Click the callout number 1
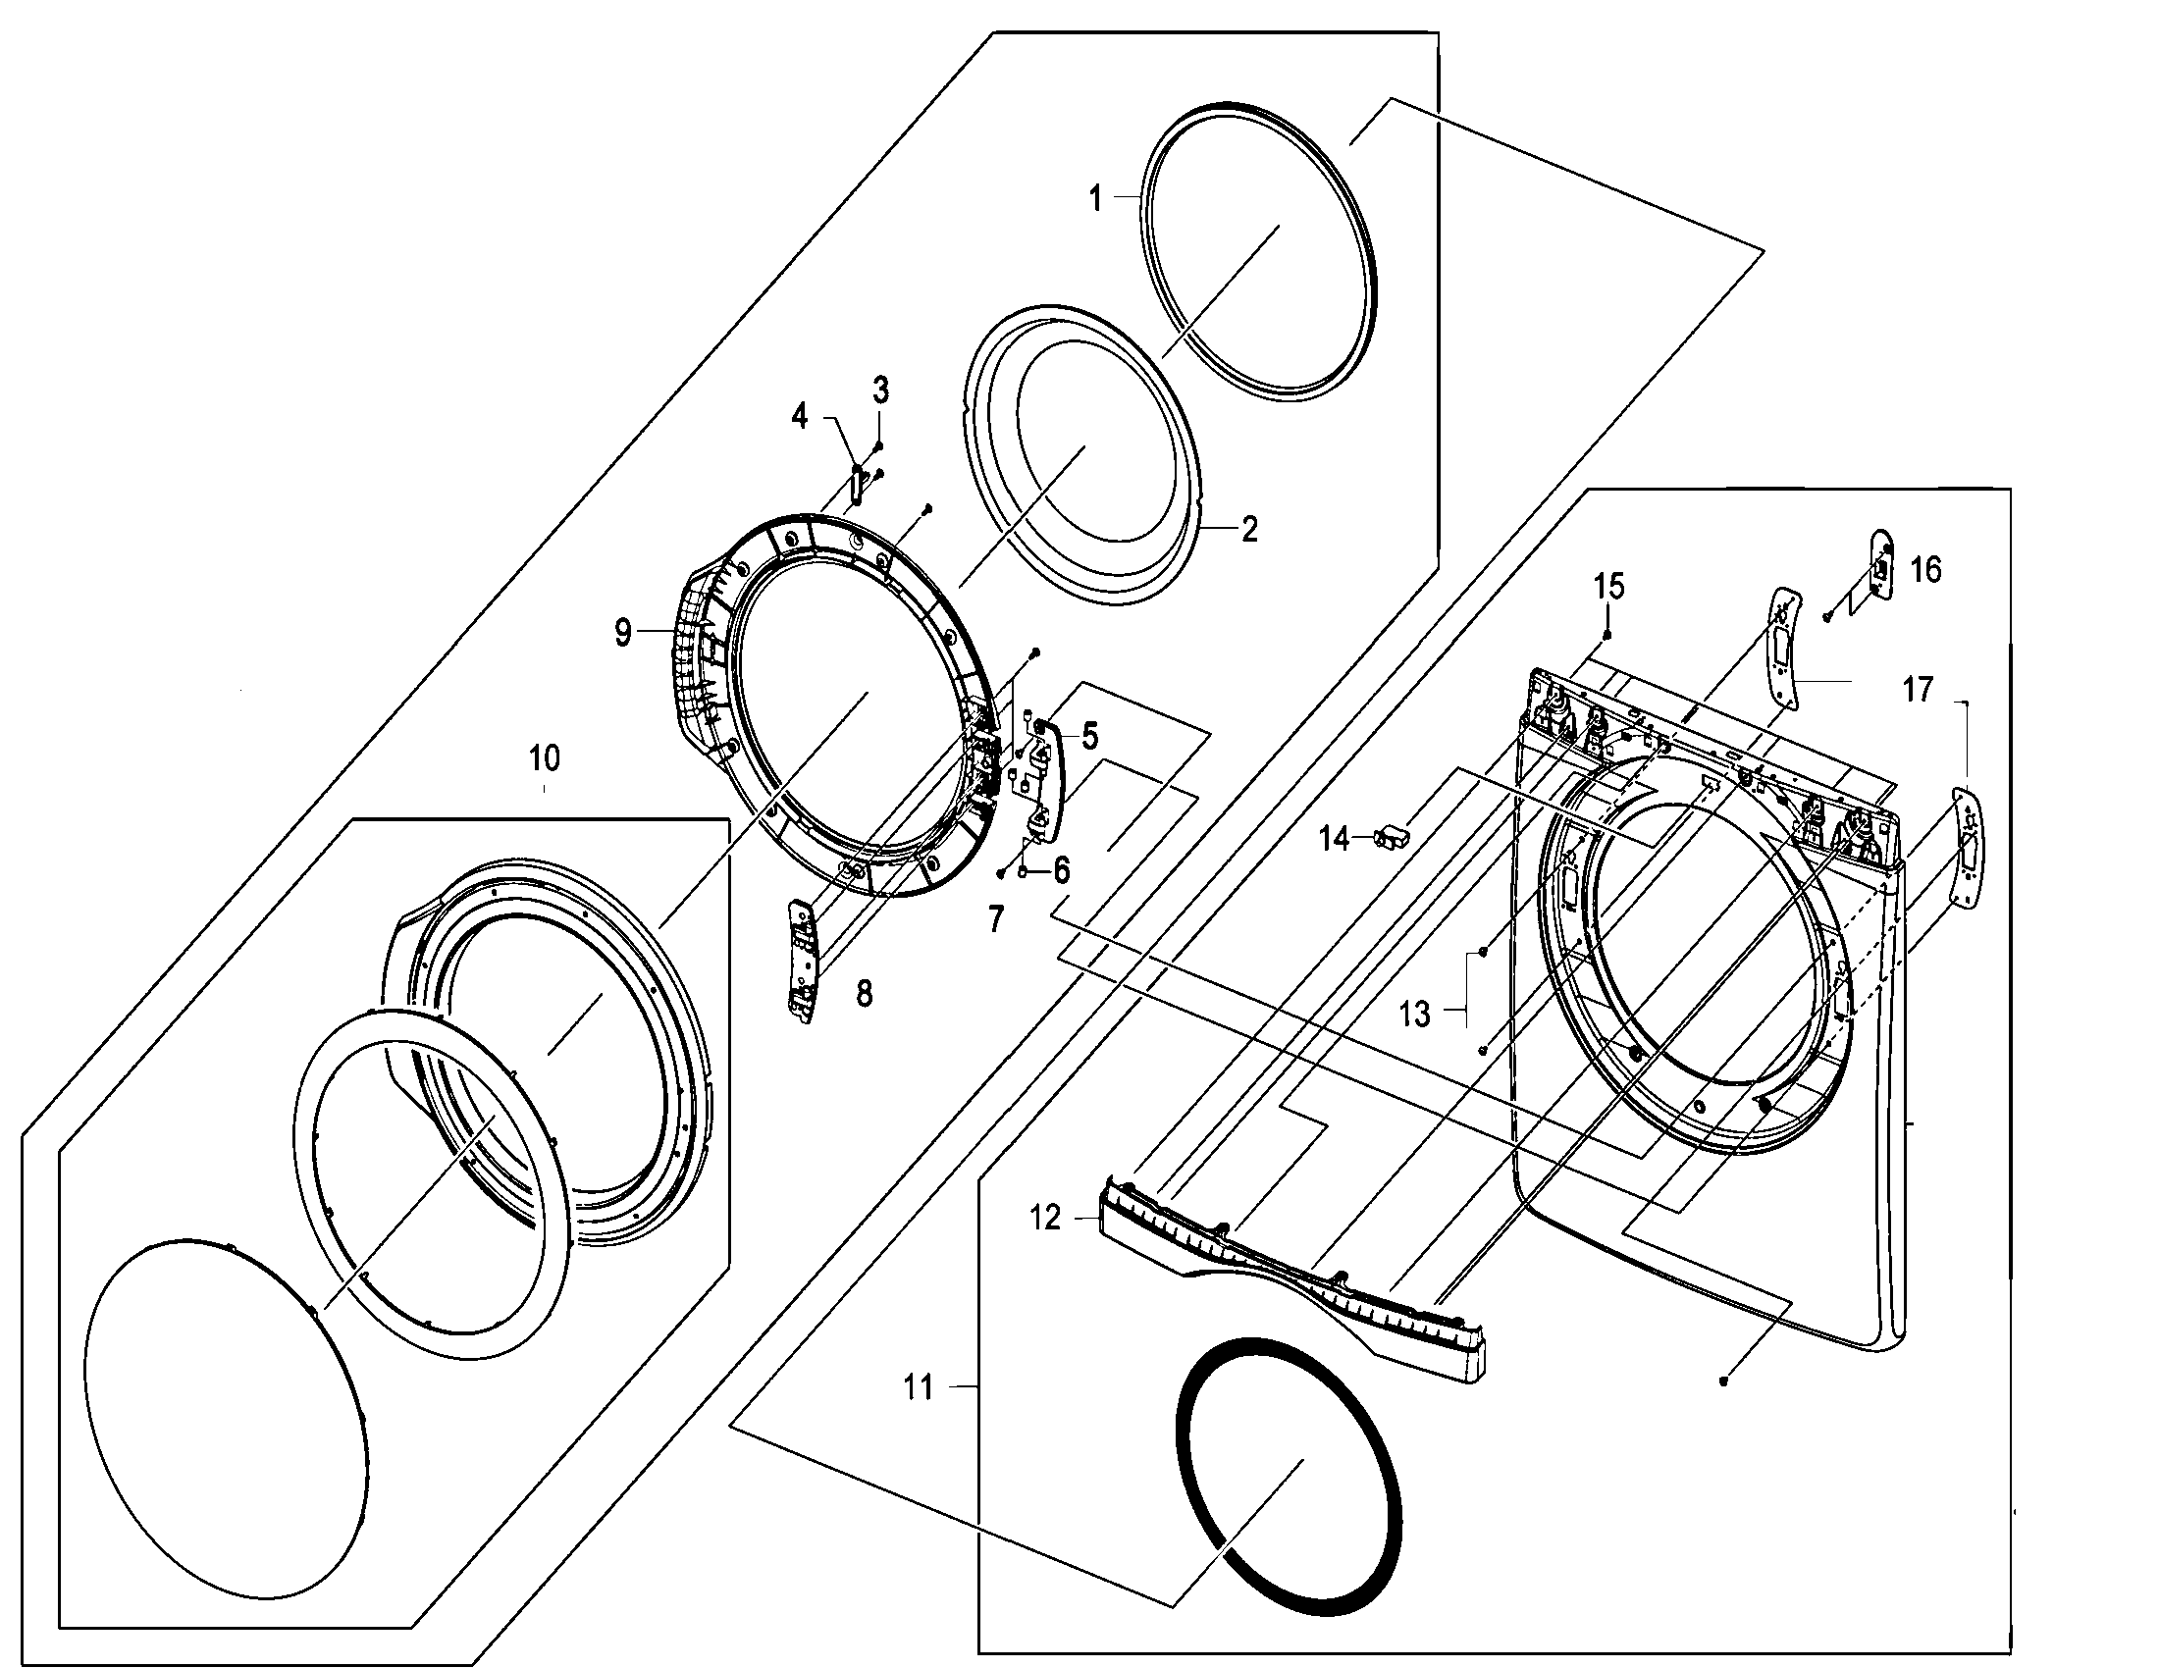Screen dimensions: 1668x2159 pyautogui.click(x=1094, y=198)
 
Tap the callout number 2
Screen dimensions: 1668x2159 pyautogui.click(x=1249, y=529)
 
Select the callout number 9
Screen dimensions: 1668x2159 pyautogui.click(x=623, y=633)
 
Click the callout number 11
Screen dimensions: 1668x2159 pyautogui.click(x=919, y=1388)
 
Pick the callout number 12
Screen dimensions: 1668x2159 pyautogui.click(x=1045, y=1219)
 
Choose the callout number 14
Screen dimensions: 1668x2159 pyautogui.click(x=1334, y=839)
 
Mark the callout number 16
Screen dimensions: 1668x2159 pyautogui.click(x=1925, y=569)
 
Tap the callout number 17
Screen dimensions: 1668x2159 pyautogui.click(x=1918, y=689)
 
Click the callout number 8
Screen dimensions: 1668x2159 pyautogui.click(x=864, y=993)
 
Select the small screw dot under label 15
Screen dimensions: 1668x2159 pyautogui.click(x=1608, y=634)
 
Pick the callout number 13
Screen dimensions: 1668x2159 pyautogui.click(x=1414, y=1014)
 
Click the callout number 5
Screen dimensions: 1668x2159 pyautogui.click(x=1089, y=734)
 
